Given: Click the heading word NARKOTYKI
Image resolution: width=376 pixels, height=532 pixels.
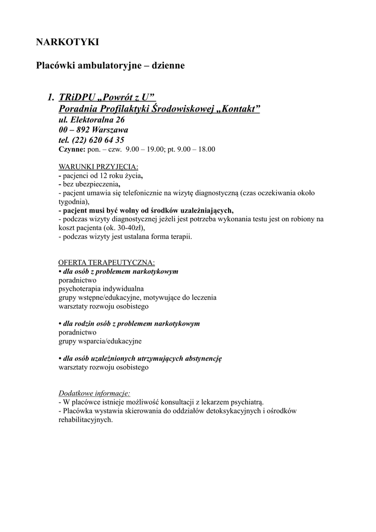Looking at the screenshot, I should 67,42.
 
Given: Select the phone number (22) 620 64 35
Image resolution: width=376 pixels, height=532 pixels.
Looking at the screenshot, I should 99,140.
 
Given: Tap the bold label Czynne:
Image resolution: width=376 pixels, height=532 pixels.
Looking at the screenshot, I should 72,150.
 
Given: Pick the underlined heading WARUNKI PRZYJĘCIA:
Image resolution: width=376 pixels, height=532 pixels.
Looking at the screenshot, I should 98,167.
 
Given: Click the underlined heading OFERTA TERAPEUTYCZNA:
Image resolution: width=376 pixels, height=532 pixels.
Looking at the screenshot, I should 106,263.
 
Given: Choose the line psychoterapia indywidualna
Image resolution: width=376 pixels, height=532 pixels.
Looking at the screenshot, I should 101,289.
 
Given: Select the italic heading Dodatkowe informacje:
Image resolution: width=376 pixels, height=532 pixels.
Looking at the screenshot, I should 94,393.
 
